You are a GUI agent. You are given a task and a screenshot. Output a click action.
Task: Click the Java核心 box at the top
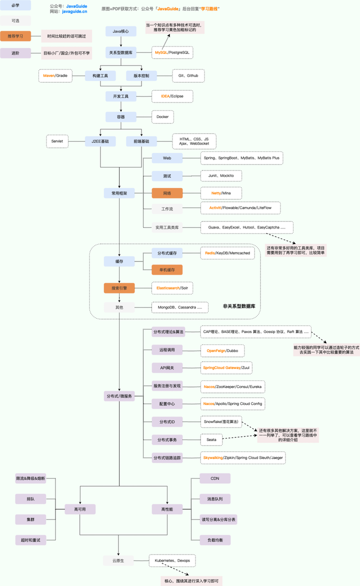pyautogui.click(x=120, y=31)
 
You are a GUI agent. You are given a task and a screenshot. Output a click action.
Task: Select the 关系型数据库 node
pyautogui.click(x=120, y=52)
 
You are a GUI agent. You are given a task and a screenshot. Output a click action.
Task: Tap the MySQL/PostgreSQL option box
pyautogui.click(x=172, y=52)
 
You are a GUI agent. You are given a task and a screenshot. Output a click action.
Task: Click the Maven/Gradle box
pyautogui.click(x=55, y=76)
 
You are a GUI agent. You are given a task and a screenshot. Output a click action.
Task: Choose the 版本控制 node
pyautogui.click(x=141, y=76)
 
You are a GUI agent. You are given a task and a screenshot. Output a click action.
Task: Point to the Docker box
pyautogui.click(x=162, y=116)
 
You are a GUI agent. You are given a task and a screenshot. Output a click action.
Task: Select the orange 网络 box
pyautogui.click(x=167, y=193)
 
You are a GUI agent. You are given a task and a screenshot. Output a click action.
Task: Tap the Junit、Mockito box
pyautogui.click(x=220, y=175)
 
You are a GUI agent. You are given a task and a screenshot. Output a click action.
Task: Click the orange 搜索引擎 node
pyautogui.click(x=119, y=288)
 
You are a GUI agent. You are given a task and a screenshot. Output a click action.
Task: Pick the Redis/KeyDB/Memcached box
pyautogui.click(x=227, y=253)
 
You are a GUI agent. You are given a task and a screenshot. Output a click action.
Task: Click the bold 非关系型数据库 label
pyautogui.click(x=239, y=305)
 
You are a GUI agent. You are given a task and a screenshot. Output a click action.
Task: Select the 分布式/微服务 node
pyautogui.click(x=119, y=396)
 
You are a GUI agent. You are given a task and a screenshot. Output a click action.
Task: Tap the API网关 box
pyautogui.click(x=167, y=368)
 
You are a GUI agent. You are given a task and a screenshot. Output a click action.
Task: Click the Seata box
pyautogui.click(x=211, y=440)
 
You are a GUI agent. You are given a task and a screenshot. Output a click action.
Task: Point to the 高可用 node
pyautogui.click(x=80, y=509)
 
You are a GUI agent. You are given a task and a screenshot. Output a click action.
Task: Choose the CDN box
pyautogui.click(x=215, y=478)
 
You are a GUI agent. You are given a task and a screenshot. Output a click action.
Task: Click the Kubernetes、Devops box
pyautogui.click(x=172, y=560)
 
